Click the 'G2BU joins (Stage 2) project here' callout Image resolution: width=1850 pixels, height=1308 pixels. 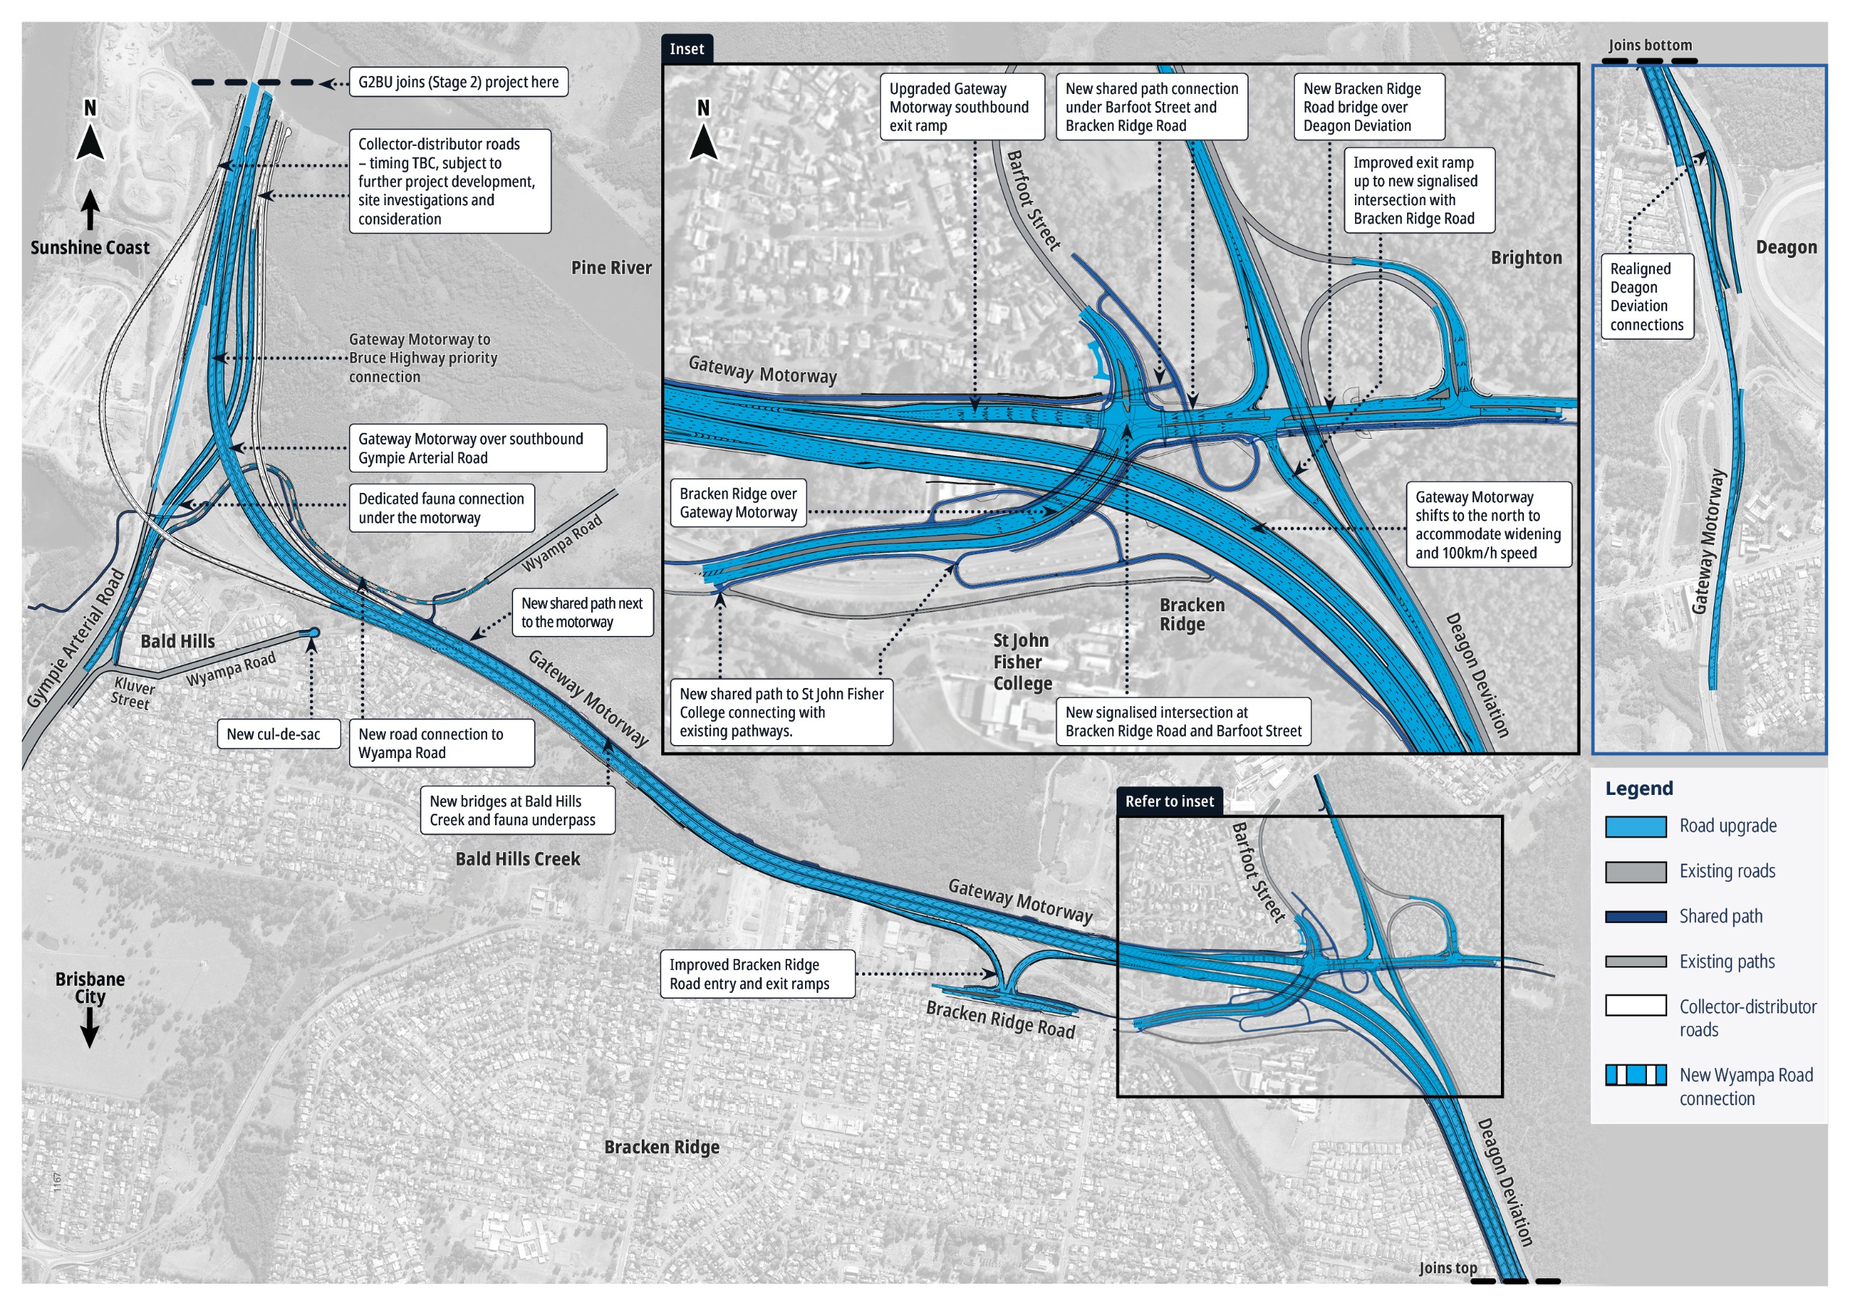(457, 82)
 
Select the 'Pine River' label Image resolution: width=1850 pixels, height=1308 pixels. (611, 267)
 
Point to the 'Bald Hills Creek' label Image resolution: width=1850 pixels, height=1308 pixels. (517, 859)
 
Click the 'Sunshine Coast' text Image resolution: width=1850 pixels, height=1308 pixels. (90, 247)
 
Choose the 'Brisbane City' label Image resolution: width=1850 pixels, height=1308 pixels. (90, 988)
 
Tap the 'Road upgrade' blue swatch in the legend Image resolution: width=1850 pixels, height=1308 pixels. (1635, 827)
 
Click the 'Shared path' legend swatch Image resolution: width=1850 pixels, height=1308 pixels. (1635, 917)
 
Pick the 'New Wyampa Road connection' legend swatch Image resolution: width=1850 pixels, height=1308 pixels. (1635, 1075)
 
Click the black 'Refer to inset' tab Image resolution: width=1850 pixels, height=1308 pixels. (1169, 801)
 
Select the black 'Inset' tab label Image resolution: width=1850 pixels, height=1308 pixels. (687, 49)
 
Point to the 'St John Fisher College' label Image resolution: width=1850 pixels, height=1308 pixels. (1021, 662)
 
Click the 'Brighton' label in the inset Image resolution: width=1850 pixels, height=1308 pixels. (1526, 258)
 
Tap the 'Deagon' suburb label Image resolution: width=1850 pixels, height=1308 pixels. (1786, 247)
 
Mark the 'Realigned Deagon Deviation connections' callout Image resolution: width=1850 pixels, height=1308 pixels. (1646, 296)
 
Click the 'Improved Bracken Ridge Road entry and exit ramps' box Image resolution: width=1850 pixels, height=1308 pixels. (757, 974)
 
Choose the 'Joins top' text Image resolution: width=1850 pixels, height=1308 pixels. (1447, 1268)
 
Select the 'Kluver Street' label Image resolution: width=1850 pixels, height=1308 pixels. (132, 693)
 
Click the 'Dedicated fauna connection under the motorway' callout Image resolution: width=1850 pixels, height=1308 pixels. (441, 509)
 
